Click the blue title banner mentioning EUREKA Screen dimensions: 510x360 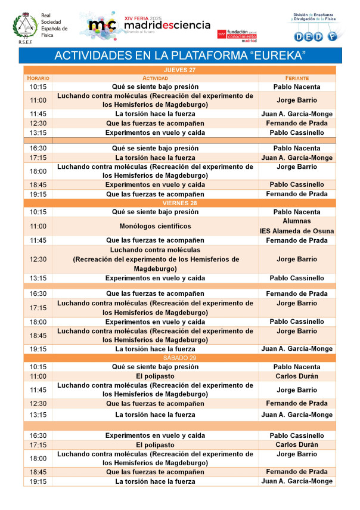pyautogui.click(x=180, y=55)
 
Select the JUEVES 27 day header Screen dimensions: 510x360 pyautogui.click(x=180, y=70)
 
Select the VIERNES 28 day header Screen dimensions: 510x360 pyautogui.click(x=180, y=203)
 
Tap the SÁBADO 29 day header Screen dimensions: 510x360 pyautogui.click(x=180, y=358)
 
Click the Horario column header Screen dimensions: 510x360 pyautogui.click(x=38, y=78)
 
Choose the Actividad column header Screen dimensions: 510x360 pyautogui.click(x=155, y=78)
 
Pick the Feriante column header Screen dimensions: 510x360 pyautogui.click(x=297, y=78)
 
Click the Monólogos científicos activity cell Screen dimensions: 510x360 pyautogui.click(x=155, y=226)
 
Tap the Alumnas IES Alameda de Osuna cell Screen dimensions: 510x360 pyautogui.click(x=297, y=226)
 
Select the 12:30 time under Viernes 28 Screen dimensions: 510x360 pyautogui.click(x=38, y=259)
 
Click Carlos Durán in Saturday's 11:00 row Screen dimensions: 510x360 pyautogui.click(x=297, y=376)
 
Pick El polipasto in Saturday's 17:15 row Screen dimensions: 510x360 pyautogui.click(x=155, y=444)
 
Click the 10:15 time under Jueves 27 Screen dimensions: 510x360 pyautogui.click(x=38, y=87)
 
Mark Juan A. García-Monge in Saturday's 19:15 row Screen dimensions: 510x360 pyautogui.click(x=297, y=481)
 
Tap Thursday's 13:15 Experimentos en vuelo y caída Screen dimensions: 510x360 pyautogui.click(x=155, y=132)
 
